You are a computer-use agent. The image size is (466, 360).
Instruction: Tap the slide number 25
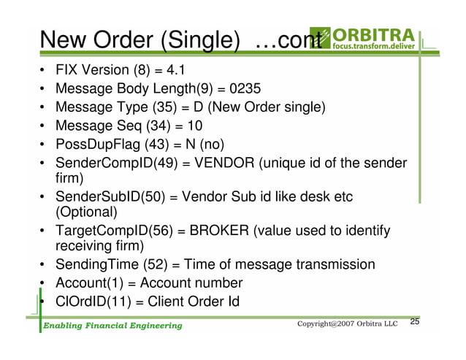pos(415,323)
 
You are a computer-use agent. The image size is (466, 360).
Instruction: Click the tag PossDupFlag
pos(96,143)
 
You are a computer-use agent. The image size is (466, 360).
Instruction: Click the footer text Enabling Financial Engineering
pos(111,326)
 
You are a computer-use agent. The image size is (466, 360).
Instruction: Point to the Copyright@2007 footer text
pos(347,324)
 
